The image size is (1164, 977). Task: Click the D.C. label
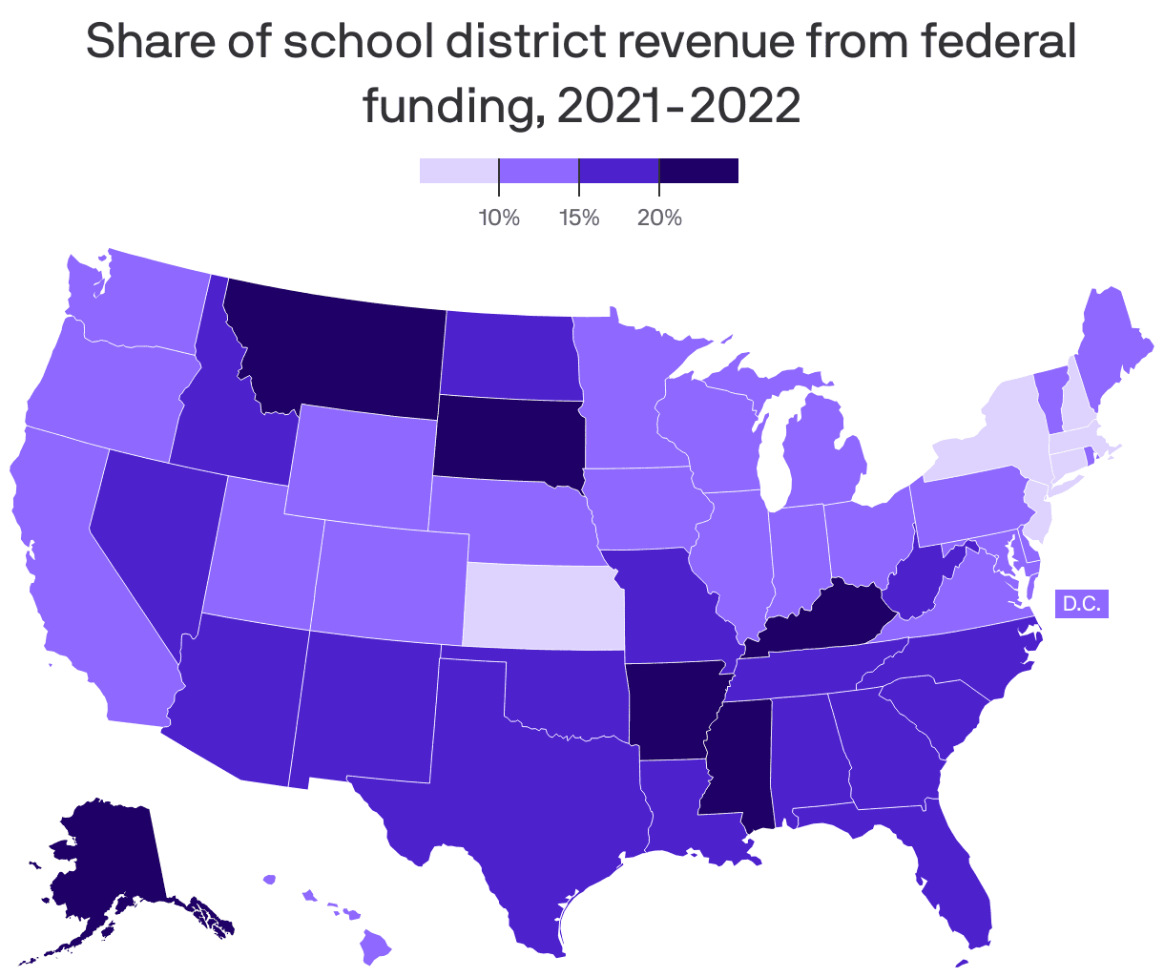[1081, 603]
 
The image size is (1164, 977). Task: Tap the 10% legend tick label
[499, 218]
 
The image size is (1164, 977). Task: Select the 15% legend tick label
[579, 218]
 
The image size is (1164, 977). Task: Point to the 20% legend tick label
[659, 218]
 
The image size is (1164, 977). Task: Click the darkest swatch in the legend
[698, 171]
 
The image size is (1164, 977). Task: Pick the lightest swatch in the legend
[458, 171]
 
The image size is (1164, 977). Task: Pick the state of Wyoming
[359, 458]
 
